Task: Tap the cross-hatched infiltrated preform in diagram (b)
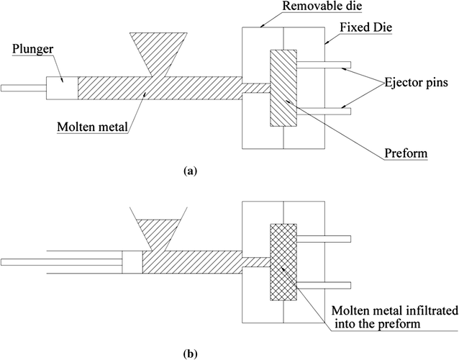point(282,262)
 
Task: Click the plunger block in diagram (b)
point(132,261)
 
